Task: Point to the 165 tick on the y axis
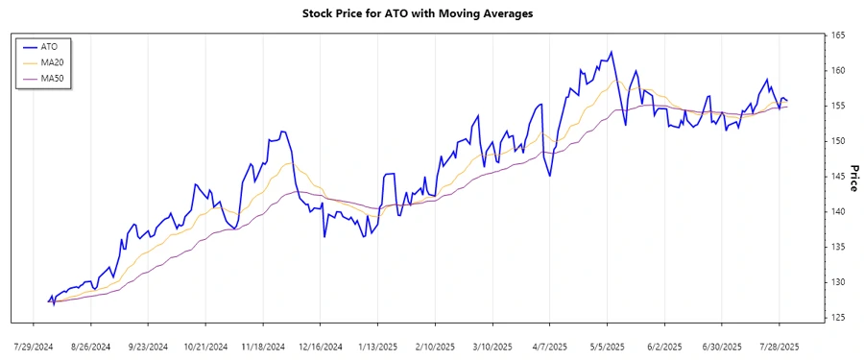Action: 838,36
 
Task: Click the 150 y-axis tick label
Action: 838,141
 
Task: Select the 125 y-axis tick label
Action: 838,317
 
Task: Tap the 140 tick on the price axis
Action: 838,211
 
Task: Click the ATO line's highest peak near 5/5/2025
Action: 611,52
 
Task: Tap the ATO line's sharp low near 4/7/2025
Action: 549,176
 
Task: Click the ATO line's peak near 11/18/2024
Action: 282,132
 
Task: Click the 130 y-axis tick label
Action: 838,282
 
